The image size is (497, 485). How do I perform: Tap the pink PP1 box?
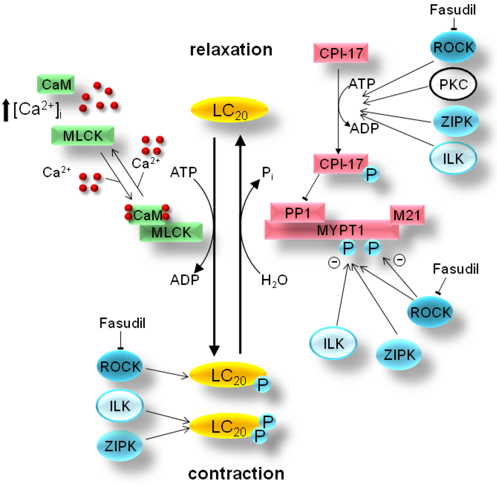click(297, 214)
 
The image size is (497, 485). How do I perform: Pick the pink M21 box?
click(407, 214)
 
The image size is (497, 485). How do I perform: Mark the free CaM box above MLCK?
click(56, 85)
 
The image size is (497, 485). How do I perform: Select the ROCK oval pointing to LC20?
click(119, 366)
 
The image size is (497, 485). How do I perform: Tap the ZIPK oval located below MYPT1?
click(399, 355)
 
